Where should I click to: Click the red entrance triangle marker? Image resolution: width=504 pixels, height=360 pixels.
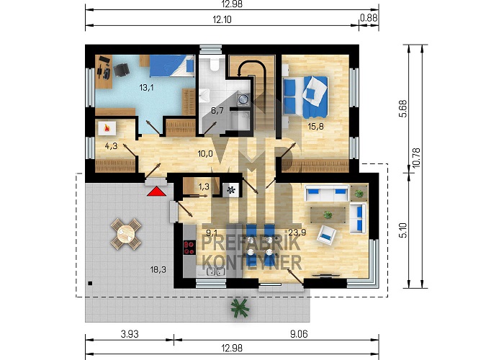coord(156,192)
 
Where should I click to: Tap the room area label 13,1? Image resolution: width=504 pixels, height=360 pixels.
coord(146,87)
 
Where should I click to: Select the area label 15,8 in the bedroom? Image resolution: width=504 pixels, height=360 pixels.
coord(315,126)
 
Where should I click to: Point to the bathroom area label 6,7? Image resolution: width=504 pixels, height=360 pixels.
coord(217,111)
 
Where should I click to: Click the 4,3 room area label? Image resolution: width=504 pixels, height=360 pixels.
coord(111,146)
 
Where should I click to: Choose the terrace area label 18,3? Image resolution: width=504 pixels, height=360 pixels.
coord(158,269)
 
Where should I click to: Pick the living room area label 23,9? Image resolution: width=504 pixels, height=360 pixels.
coord(297,232)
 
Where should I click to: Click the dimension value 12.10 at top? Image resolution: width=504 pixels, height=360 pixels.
coord(222,19)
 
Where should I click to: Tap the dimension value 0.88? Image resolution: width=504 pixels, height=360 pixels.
coord(369,17)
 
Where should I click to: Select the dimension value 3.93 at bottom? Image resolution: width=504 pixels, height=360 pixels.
coord(130,334)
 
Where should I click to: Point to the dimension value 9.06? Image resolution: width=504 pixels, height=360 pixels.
coord(299,334)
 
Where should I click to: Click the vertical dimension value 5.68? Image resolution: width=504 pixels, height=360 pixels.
coord(403,109)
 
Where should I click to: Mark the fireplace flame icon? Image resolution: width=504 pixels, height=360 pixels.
coord(107,129)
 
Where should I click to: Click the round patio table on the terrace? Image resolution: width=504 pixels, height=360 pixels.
coord(126,234)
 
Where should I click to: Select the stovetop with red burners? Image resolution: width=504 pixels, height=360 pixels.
coord(189,248)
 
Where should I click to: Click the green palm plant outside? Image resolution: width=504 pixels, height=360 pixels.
coord(240,308)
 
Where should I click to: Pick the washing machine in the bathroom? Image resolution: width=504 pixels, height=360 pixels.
coord(243,99)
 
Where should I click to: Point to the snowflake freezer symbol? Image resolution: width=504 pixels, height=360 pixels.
coord(231,190)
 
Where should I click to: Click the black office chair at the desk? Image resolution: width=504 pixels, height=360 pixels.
coord(121,69)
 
